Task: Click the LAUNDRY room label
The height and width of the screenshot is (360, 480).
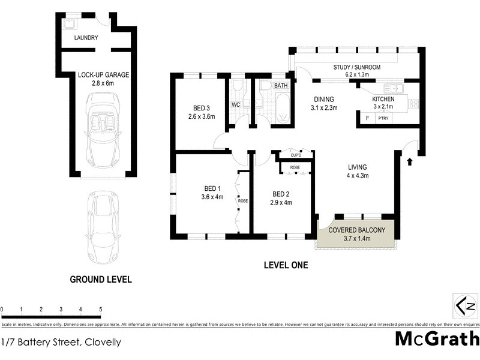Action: click(x=86, y=38)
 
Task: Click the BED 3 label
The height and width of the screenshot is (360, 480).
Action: click(x=200, y=108)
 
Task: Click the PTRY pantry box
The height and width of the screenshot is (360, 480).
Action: click(x=382, y=119)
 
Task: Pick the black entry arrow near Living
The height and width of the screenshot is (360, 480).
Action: click(x=410, y=161)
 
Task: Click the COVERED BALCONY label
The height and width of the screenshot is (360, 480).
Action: click(x=356, y=230)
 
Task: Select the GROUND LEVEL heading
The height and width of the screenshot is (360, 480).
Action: click(x=101, y=280)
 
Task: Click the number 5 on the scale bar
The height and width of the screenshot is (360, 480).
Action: click(x=100, y=310)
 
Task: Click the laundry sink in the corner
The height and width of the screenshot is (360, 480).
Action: click(x=70, y=23)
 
